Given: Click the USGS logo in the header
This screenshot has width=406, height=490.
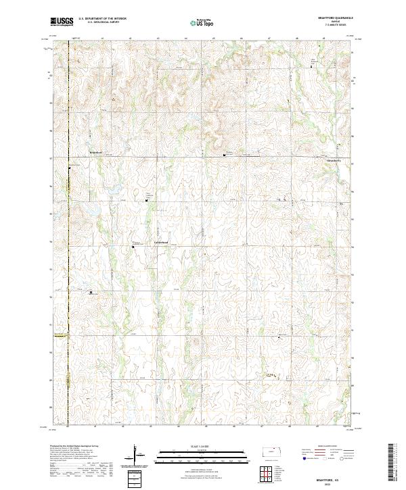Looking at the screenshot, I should [62, 22].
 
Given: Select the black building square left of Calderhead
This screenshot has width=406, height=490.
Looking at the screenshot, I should [133, 247].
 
